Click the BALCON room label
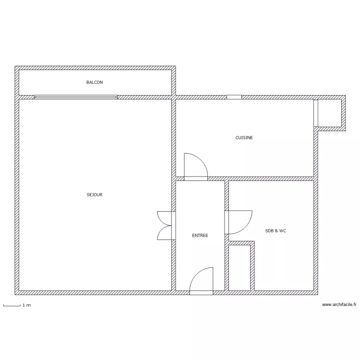(x=95, y=83)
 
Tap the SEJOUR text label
(x=95, y=195)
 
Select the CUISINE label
(x=244, y=138)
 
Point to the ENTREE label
(x=200, y=236)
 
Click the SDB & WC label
(x=276, y=231)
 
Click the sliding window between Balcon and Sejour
(x=76, y=97)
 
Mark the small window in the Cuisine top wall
(x=234, y=97)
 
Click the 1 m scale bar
(x=12, y=305)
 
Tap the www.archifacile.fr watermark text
(x=340, y=305)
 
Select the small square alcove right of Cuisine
(x=330, y=113)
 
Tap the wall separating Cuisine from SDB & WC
(x=269, y=179)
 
